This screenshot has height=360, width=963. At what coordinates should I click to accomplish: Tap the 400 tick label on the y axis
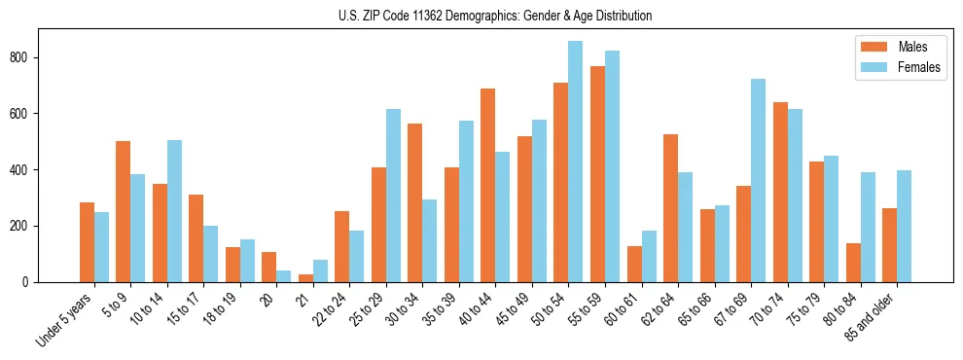(21, 170)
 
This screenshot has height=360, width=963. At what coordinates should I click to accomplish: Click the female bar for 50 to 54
(575, 162)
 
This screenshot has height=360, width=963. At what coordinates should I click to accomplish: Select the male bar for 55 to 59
(597, 174)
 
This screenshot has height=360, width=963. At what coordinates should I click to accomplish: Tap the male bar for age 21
(305, 277)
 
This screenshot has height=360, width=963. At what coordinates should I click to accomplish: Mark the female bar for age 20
(283, 275)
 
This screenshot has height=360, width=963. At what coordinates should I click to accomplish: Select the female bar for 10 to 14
(174, 211)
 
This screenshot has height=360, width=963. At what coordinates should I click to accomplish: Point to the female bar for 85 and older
(904, 226)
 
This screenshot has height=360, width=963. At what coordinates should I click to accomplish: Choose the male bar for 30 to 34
(414, 202)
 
